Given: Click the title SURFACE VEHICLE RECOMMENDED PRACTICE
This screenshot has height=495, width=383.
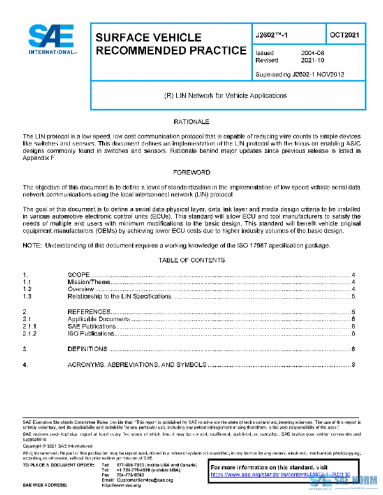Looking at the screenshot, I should tap(170, 44).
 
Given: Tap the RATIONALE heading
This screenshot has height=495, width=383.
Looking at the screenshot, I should tap(191, 121).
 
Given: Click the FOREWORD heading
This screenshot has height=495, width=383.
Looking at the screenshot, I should tap(191, 172).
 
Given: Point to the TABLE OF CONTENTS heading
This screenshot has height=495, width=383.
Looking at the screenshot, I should tap(191, 260).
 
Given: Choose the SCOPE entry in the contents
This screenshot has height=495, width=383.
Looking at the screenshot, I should tap(79, 274).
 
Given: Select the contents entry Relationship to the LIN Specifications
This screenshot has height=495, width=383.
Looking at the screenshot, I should tap(119, 297).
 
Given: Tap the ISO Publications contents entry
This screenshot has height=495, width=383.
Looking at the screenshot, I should tap(91, 333).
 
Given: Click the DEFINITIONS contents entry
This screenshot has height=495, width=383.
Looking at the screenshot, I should tap(88, 349).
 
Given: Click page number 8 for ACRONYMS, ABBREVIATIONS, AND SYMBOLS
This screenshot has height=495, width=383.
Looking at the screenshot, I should tap(353, 365).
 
